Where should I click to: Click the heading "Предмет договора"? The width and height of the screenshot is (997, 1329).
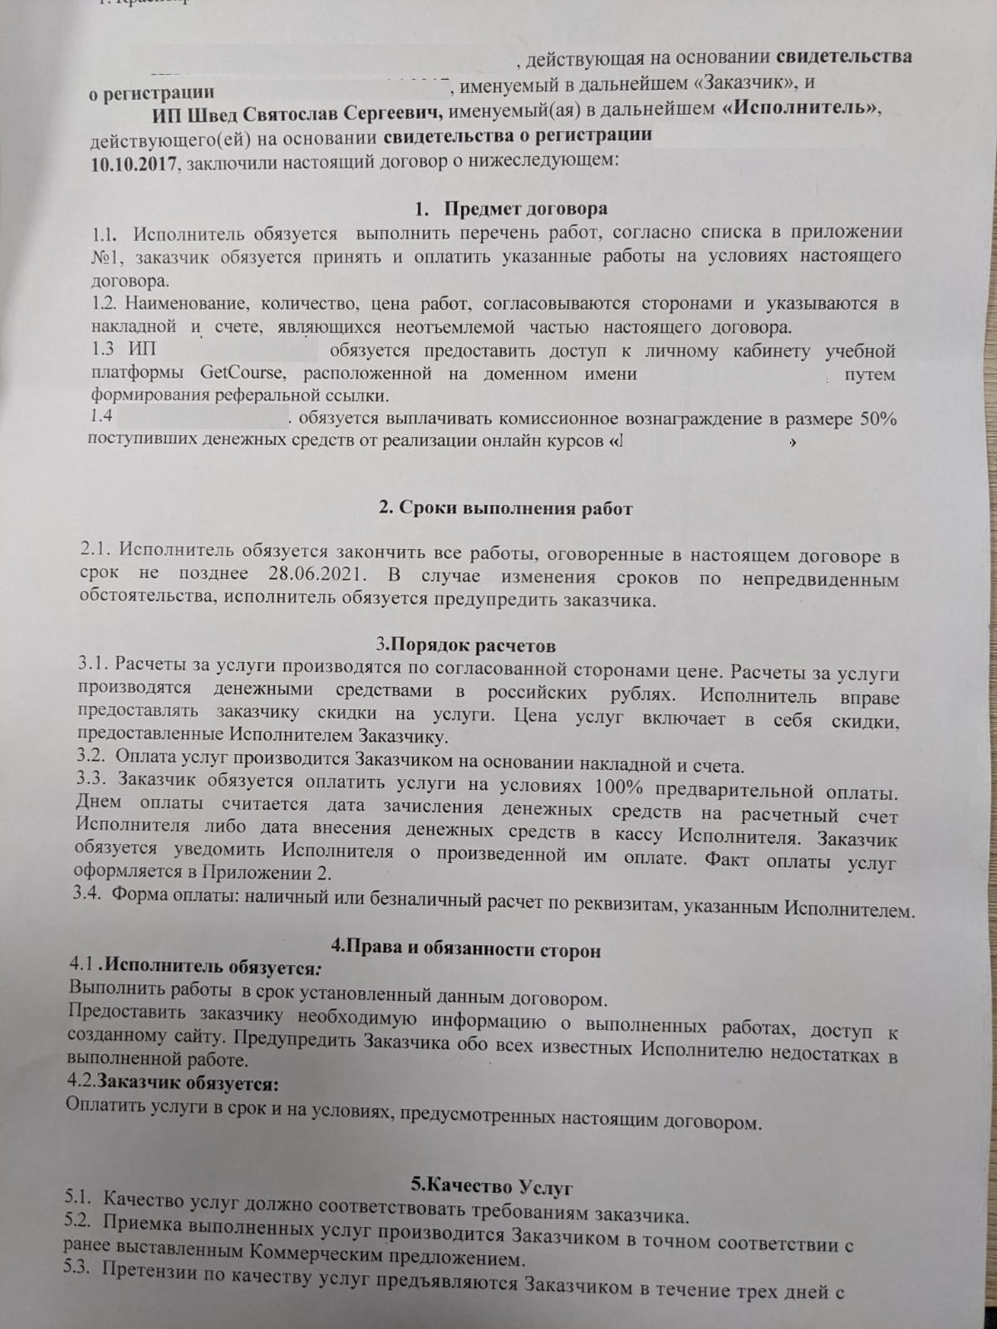pos(525,208)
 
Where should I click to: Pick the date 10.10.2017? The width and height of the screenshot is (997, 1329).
pos(134,160)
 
